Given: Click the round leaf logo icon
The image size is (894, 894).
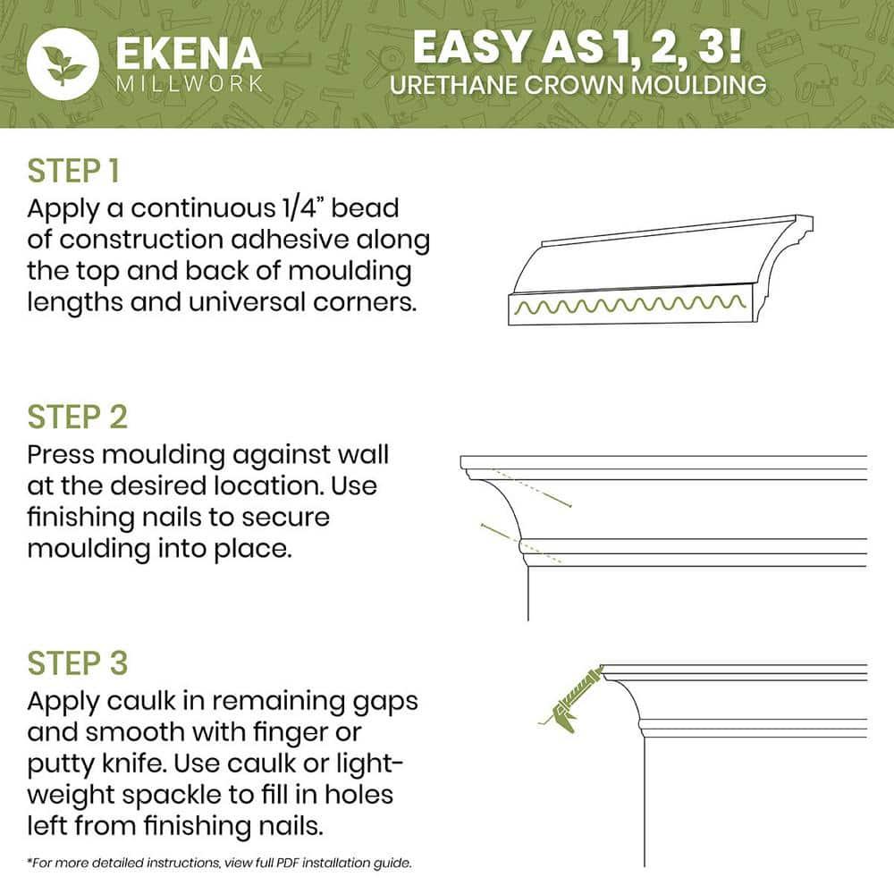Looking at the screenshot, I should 63,63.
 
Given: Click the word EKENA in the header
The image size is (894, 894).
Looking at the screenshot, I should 187,53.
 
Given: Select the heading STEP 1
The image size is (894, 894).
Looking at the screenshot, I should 73,171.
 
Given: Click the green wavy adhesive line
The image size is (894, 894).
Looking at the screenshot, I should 630,307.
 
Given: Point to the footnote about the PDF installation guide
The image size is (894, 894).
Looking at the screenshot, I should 219,864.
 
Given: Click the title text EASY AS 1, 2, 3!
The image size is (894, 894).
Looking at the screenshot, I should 578,47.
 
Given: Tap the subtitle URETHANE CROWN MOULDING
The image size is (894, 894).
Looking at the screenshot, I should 578,85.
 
